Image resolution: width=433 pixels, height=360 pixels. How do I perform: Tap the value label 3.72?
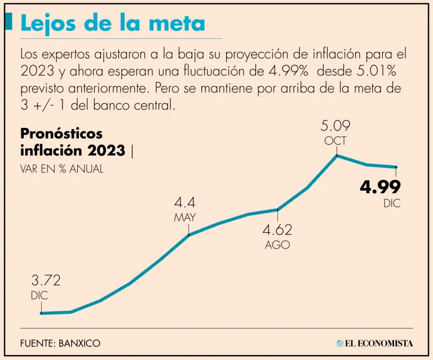46,280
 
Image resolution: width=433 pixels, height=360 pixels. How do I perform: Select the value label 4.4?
184,203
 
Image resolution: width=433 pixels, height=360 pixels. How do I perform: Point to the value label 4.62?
277,230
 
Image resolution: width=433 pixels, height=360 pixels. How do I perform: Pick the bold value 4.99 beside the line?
381,187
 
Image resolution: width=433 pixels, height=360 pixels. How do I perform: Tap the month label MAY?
184,217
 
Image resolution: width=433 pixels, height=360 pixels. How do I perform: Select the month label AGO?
277,245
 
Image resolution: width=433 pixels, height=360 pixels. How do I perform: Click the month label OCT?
335,140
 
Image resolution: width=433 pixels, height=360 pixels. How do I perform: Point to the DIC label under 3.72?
39,295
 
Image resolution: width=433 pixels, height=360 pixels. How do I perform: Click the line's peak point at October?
337,155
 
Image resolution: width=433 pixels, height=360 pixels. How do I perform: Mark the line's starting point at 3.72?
41,313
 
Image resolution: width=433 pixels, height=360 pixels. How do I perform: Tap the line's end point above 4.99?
397,167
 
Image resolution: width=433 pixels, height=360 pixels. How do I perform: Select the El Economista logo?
374,343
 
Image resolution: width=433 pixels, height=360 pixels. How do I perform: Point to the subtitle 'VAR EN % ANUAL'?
62,168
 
